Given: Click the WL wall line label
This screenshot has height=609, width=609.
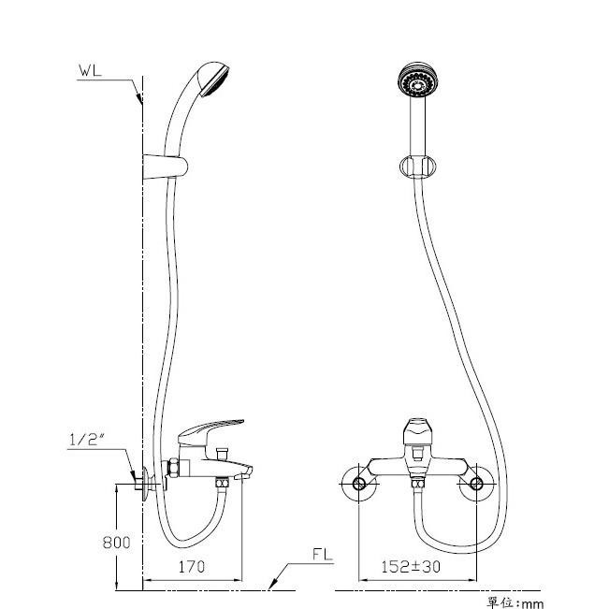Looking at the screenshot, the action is (x=90, y=71).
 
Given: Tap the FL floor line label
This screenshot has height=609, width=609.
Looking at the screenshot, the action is (x=323, y=554).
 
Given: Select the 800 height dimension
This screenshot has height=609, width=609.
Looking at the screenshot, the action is (x=116, y=543).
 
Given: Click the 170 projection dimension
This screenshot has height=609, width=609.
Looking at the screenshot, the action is (x=192, y=567).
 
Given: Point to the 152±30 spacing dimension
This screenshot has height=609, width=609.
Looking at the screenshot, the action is (x=411, y=567).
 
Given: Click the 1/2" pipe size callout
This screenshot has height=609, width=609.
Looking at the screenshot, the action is (x=87, y=440).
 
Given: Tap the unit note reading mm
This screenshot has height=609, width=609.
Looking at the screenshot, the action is (x=531, y=603).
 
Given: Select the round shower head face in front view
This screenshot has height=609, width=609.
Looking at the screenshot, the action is (x=418, y=81).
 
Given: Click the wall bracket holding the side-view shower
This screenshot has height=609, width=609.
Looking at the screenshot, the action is (x=165, y=167).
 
